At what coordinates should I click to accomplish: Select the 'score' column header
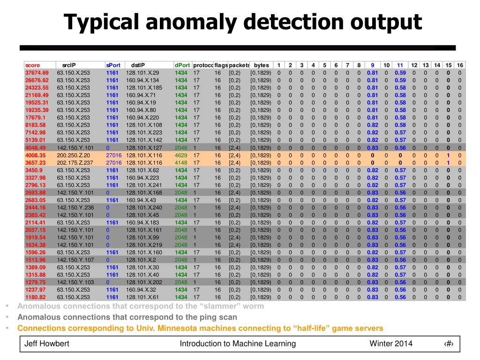(32, 65)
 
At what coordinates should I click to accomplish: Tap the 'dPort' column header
(182, 65)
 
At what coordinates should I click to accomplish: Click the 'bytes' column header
(261, 65)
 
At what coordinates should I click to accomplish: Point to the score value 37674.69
(37, 73)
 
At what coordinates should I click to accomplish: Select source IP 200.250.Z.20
(73, 155)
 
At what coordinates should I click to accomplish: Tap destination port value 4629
(181, 155)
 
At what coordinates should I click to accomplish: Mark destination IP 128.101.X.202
(144, 282)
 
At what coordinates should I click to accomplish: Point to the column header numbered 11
(400, 65)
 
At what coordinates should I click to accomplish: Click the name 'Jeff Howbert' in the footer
(47, 344)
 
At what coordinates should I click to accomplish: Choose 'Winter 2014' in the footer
(391, 344)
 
